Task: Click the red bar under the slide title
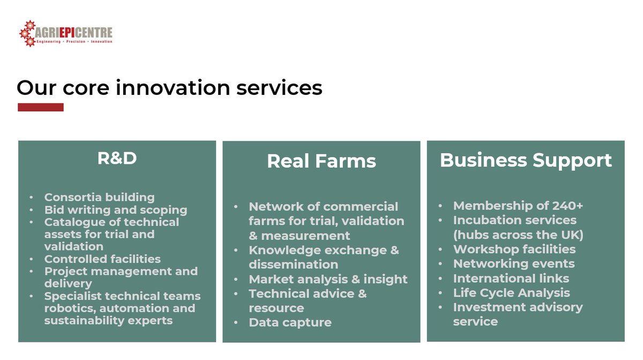[x=41, y=107]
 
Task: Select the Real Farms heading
[x=322, y=161]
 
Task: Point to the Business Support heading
[x=526, y=160]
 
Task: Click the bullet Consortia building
[x=99, y=197]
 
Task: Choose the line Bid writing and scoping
[x=115, y=209]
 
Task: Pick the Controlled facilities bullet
[x=102, y=259]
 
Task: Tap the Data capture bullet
[x=290, y=322]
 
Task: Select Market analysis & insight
[x=328, y=279]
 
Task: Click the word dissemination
[x=293, y=265]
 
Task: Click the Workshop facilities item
[x=514, y=249]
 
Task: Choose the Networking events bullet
[x=514, y=264]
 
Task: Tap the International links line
[x=511, y=278]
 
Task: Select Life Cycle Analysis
[x=511, y=292]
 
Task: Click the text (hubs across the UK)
[x=518, y=235]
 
